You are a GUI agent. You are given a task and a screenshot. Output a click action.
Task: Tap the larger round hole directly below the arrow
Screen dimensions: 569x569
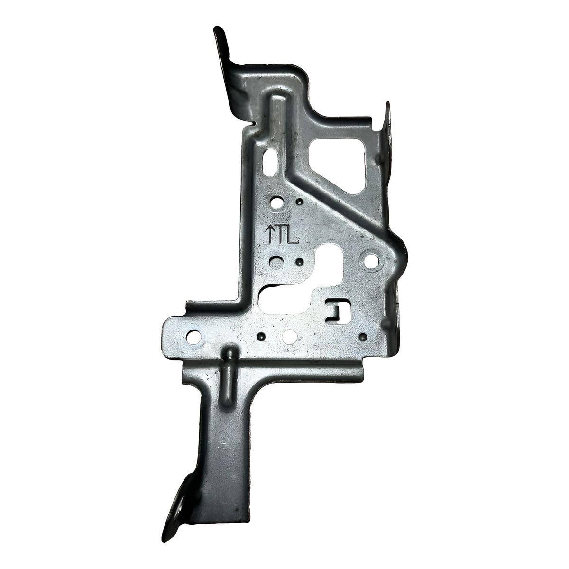point(277,261)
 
